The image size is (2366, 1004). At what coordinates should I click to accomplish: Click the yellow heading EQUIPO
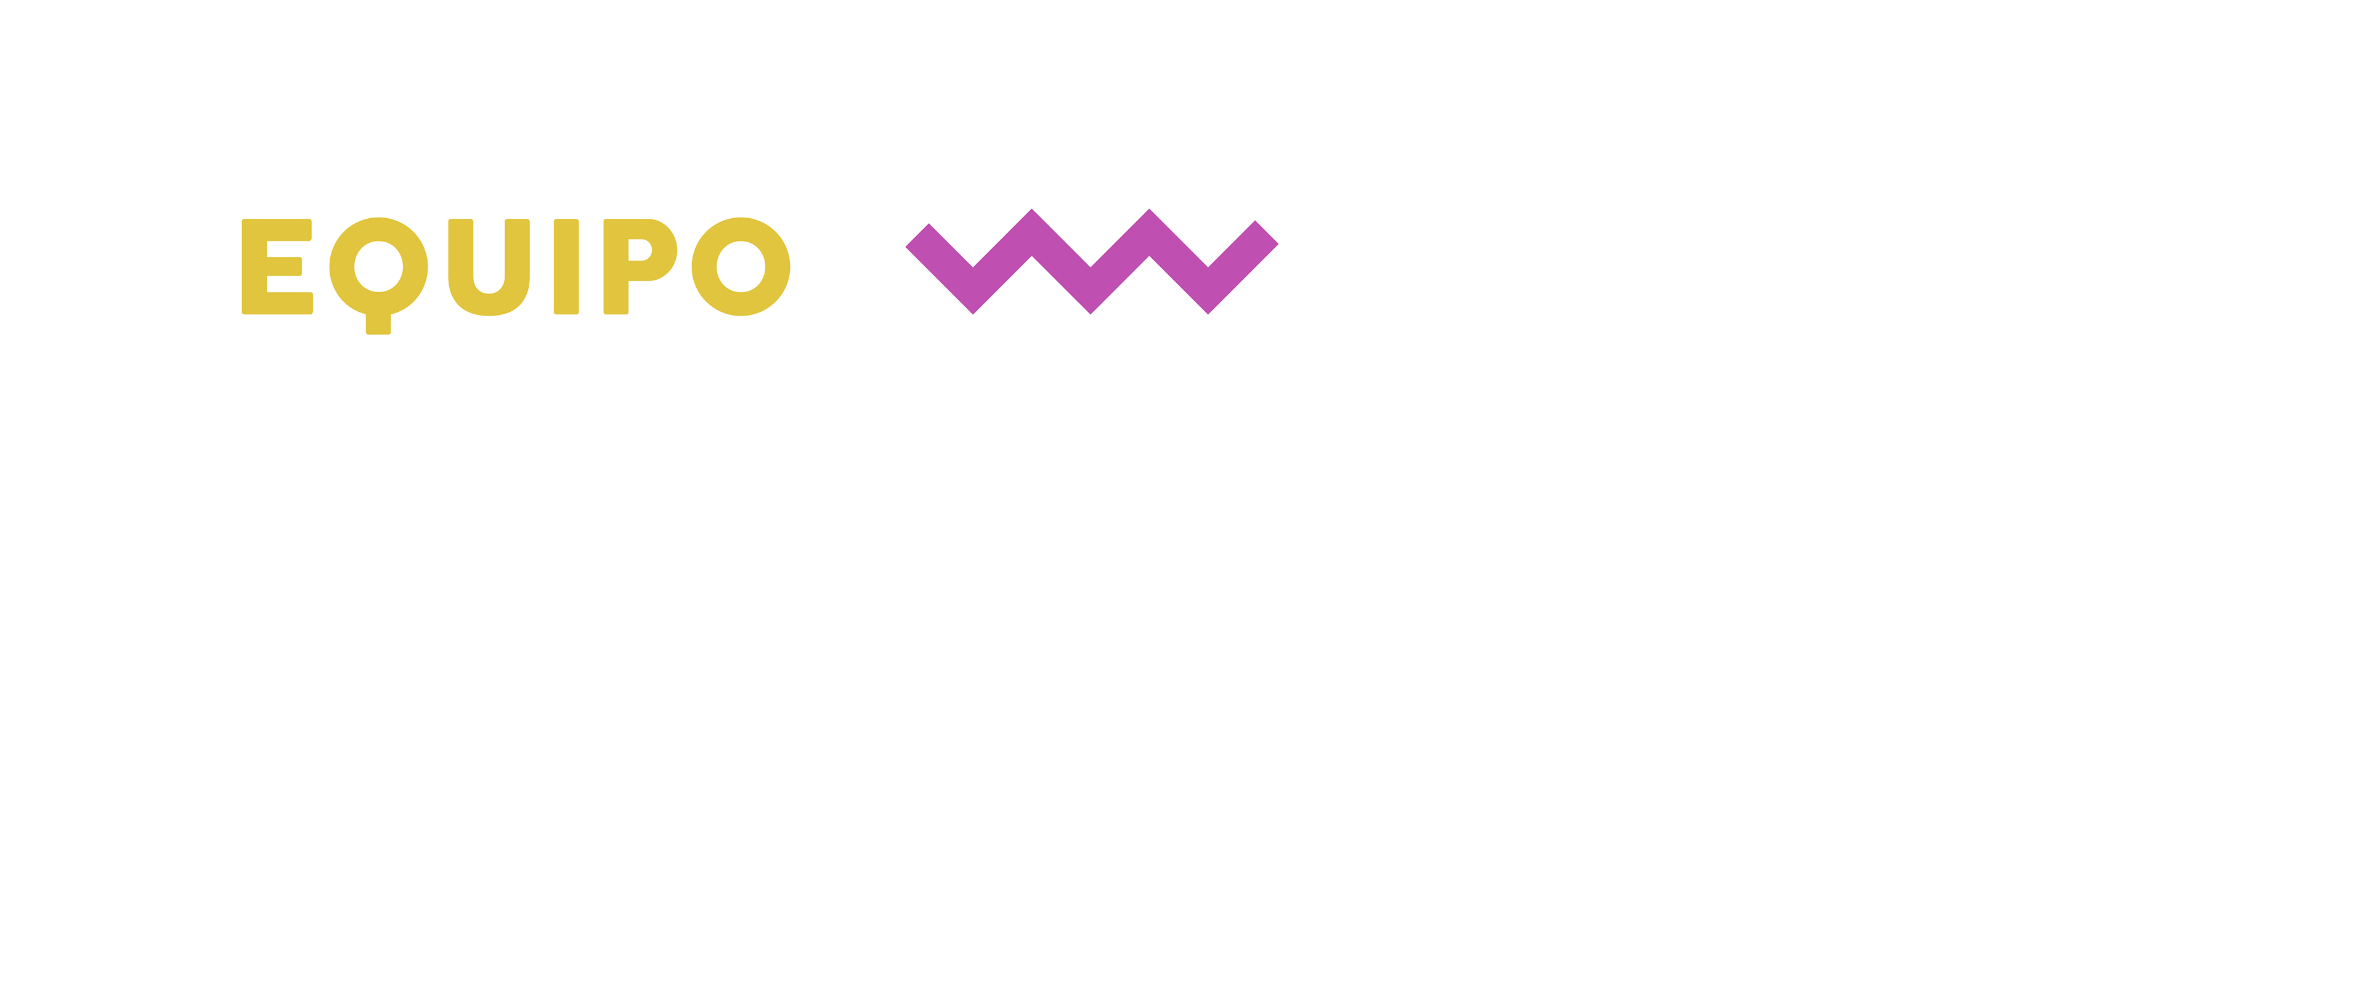514,268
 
